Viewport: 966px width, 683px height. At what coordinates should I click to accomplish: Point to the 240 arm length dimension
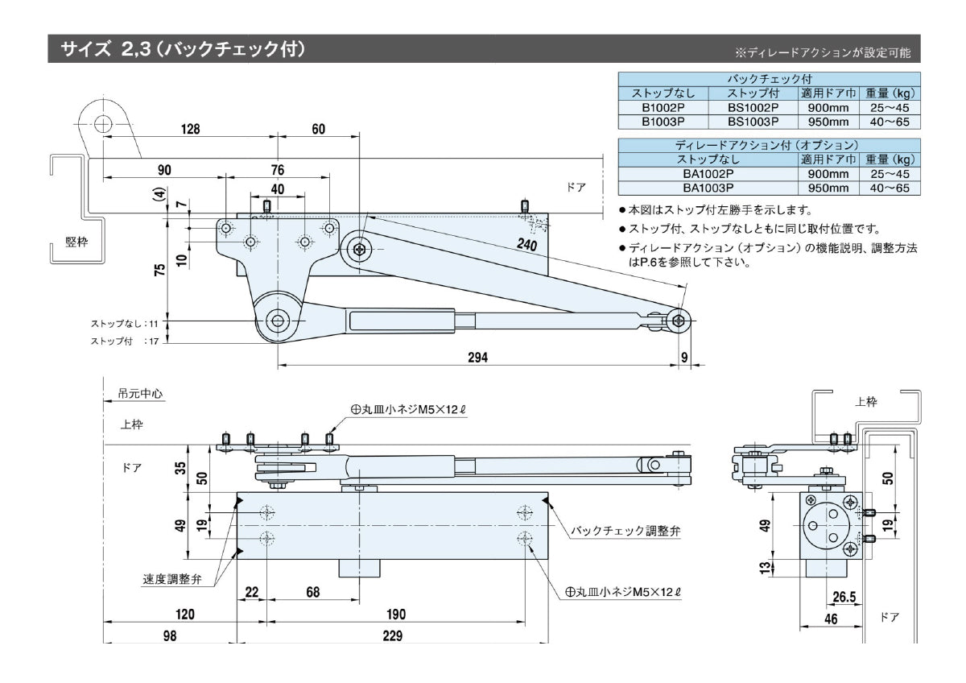click(x=528, y=244)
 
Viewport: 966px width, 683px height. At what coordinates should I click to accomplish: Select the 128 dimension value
click(x=190, y=129)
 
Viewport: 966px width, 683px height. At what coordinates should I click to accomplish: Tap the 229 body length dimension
click(x=392, y=635)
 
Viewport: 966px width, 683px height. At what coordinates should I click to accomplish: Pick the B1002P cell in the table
click(x=663, y=107)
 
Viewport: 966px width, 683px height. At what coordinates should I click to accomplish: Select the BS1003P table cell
click(x=753, y=121)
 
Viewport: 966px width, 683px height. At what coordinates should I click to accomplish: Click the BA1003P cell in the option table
click(x=708, y=187)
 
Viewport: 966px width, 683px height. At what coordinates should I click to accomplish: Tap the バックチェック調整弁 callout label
click(x=625, y=531)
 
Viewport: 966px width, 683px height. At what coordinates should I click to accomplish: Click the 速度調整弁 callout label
click(x=173, y=578)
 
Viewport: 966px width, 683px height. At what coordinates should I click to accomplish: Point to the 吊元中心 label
click(x=141, y=394)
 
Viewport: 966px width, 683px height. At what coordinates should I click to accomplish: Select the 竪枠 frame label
click(x=76, y=243)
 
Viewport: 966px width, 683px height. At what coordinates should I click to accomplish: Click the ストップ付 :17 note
click(x=126, y=341)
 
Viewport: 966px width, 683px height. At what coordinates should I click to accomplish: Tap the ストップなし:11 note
click(x=126, y=323)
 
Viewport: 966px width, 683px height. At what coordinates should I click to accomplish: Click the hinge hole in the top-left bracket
click(x=102, y=124)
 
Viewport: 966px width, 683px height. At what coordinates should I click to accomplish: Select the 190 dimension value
click(x=395, y=614)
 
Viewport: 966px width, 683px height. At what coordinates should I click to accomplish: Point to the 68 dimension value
click(x=312, y=592)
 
